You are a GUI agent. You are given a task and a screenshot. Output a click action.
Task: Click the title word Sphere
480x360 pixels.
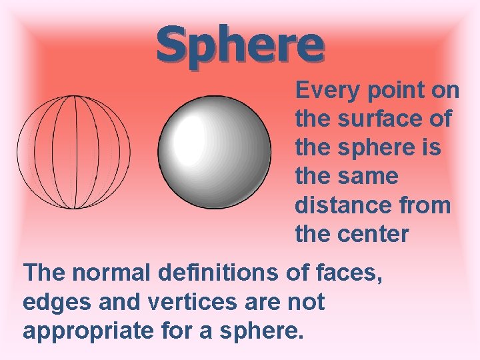click(240, 44)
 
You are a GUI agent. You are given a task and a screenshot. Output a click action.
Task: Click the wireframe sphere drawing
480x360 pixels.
click(73, 152)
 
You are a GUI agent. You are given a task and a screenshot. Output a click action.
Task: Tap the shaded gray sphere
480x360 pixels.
click(215, 152)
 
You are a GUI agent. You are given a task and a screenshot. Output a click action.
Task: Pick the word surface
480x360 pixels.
click(385, 119)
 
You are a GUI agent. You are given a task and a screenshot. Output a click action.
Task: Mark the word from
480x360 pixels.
click(425, 205)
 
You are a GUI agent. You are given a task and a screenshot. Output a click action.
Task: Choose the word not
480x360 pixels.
click(307, 301)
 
